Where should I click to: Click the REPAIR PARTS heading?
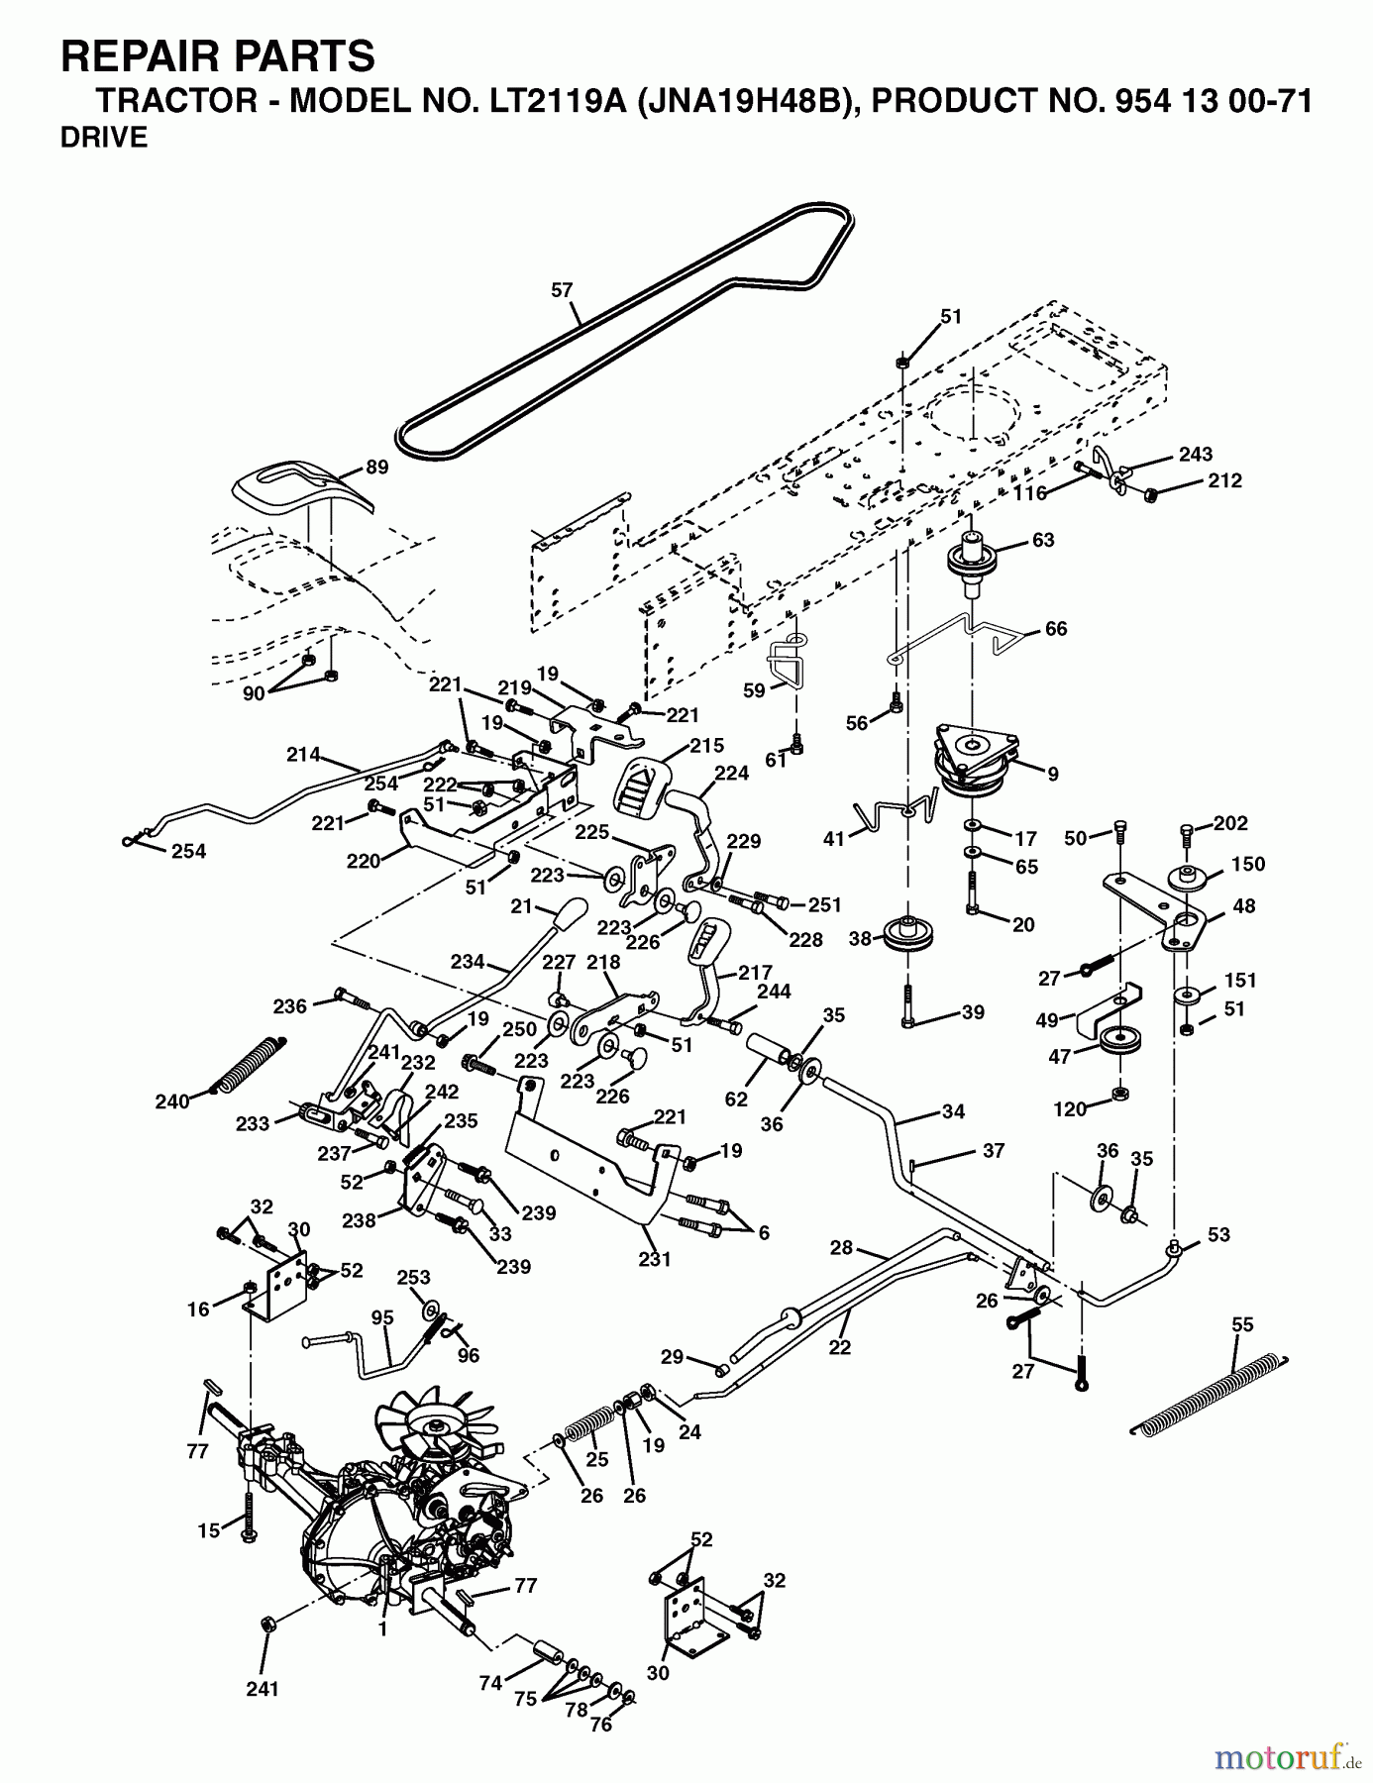click(x=218, y=56)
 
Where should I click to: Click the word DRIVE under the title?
click(x=104, y=139)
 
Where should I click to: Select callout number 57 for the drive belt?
click(x=562, y=290)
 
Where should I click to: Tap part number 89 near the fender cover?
click(x=376, y=468)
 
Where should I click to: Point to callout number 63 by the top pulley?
click(x=1043, y=540)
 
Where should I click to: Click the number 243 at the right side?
click(x=1196, y=455)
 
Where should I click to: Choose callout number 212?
click(x=1224, y=480)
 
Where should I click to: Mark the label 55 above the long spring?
click(x=1242, y=1324)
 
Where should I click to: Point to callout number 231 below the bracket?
click(x=655, y=1259)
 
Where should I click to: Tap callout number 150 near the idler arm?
click(x=1248, y=864)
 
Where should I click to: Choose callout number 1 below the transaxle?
click(x=382, y=1628)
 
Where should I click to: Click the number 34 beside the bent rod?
click(x=953, y=1111)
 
